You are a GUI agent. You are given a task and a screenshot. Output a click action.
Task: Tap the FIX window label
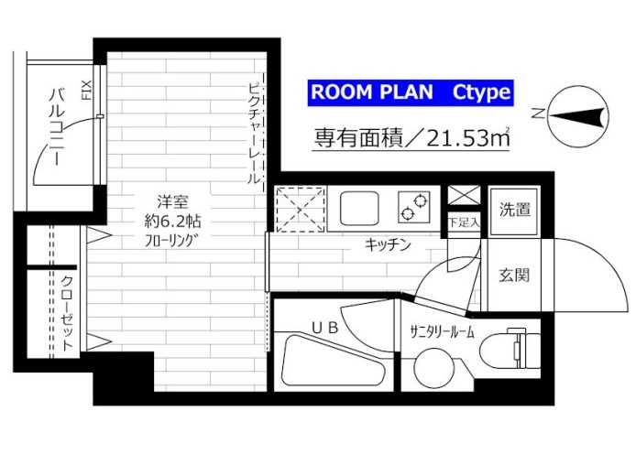(x=87, y=92)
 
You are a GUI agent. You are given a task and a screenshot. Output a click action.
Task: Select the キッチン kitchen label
(x=387, y=244)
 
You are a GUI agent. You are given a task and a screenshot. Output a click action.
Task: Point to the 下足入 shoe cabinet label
(x=461, y=222)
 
